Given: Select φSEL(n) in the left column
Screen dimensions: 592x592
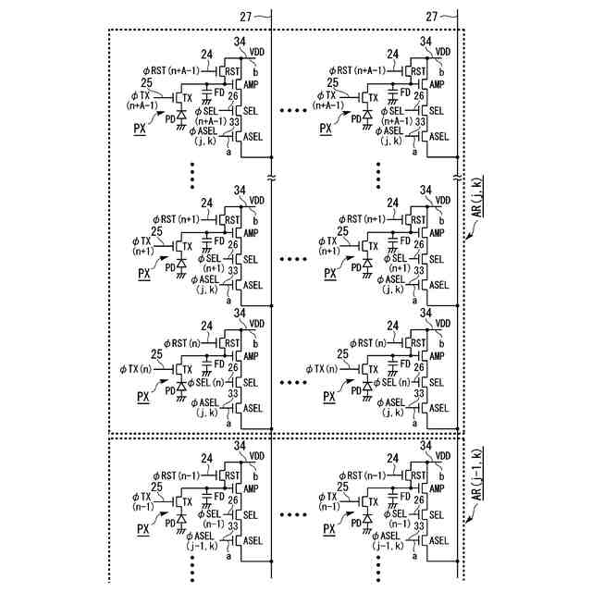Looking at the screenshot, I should point(205,382).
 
